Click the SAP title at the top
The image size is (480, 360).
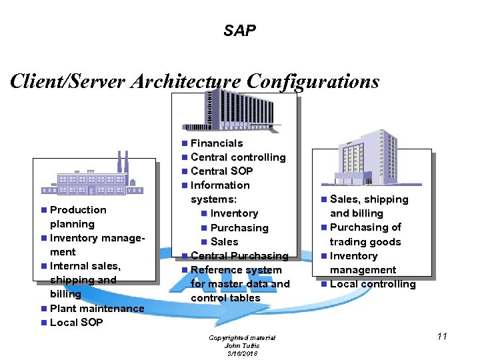pyautogui.click(x=239, y=31)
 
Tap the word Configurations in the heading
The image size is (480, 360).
pyautogui.click(x=313, y=81)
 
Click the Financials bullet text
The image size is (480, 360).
pyautogui.click(x=217, y=143)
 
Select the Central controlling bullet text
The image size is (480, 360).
pyautogui.click(x=237, y=157)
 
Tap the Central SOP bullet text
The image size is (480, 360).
pyautogui.click(x=221, y=171)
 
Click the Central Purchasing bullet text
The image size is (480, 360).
pyautogui.click(x=239, y=256)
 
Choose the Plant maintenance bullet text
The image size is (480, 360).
pyautogui.click(x=97, y=309)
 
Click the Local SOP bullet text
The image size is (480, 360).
pyautogui.click(x=77, y=323)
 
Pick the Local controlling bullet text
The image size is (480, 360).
pyautogui.click(x=372, y=284)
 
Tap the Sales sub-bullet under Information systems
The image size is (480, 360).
pyautogui.click(x=224, y=242)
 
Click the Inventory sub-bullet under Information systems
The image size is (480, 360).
pyautogui.click(x=234, y=213)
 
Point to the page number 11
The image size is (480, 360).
pyautogui.click(x=441, y=337)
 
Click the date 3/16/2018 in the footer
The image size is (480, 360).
pyautogui.click(x=241, y=353)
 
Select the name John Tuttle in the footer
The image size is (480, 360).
pyautogui.click(x=241, y=345)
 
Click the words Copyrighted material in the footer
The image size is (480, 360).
pyautogui.click(x=242, y=338)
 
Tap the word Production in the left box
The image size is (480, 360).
pyautogui.click(x=78, y=210)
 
